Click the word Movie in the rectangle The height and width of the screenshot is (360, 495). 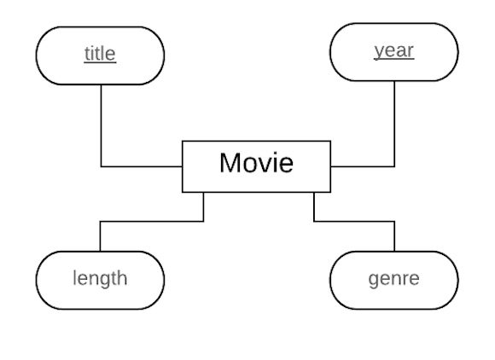click(256, 163)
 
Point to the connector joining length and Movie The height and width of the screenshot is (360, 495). click(152, 222)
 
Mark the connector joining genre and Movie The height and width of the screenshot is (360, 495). click(354, 222)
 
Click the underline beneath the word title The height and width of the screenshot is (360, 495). click(100, 62)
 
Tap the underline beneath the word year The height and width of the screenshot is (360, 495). click(394, 59)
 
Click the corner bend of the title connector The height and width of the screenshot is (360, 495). click(101, 166)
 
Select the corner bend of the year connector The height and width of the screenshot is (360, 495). click(394, 166)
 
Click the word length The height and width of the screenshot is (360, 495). click(100, 278)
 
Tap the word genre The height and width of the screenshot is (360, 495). click(394, 279)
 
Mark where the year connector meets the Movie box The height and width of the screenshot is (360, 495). click(331, 166)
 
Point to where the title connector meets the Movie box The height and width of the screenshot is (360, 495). click(183, 166)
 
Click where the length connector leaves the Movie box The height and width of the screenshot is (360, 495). click(204, 192)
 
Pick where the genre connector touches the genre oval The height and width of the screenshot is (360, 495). click(394, 252)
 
